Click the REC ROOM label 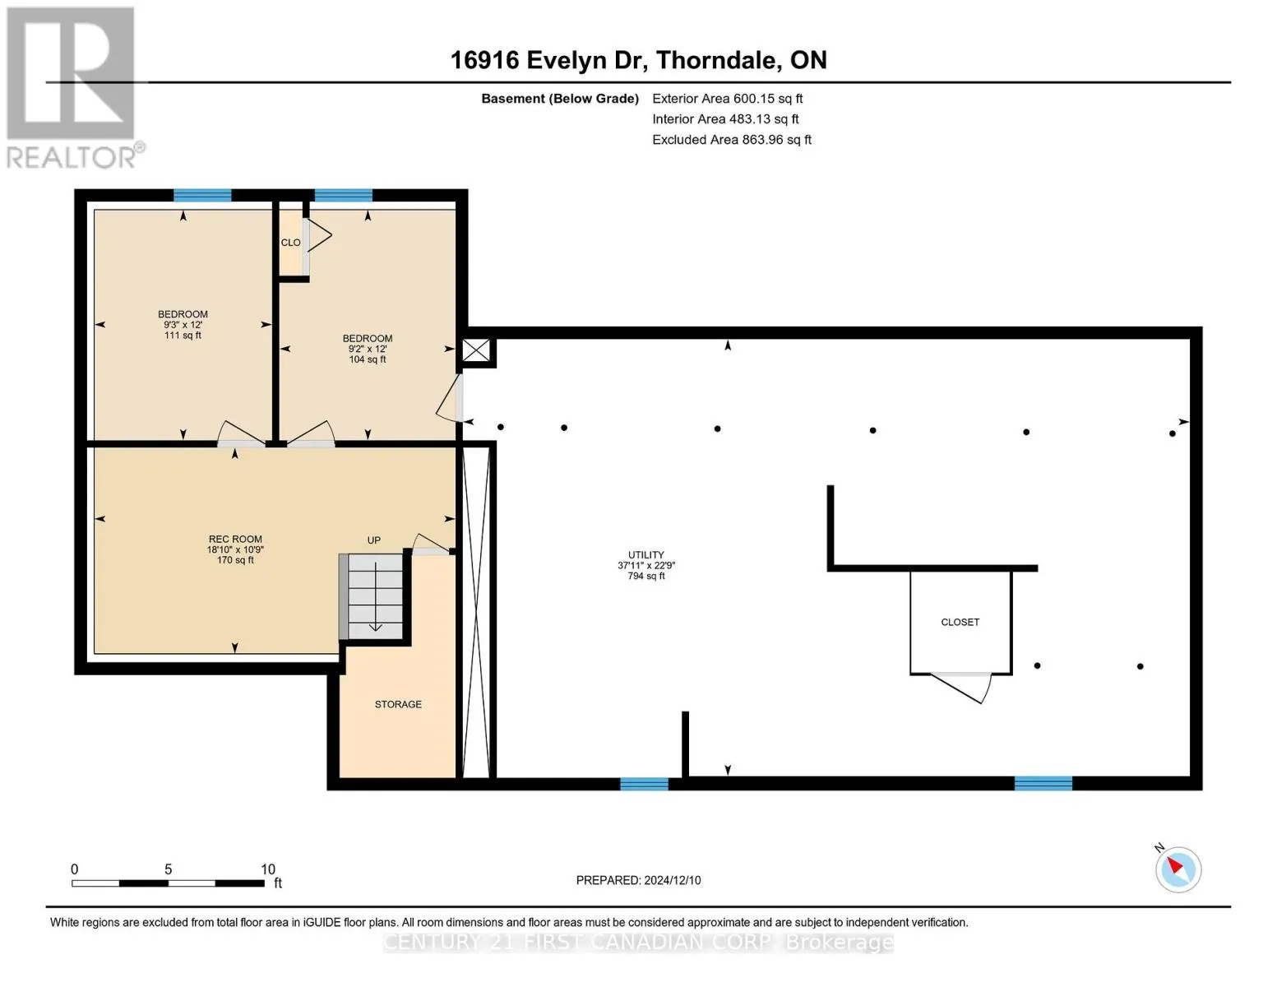(x=235, y=549)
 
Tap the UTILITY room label (x=645, y=565)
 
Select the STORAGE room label (x=398, y=704)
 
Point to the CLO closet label (x=290, y=242)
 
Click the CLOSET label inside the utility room (x=960, y=622)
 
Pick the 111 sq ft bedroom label (x=183, y=325)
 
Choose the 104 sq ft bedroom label (x=368, y=349)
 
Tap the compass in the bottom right (x=1178, y=869)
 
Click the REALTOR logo (x=73, y=88)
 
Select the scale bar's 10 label (x=268, y=869)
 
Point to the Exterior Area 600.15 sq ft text (x=727, y=99)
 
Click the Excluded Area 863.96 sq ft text (x=732, y=140)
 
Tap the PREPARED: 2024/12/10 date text (x=638, y=880)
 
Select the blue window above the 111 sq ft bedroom (x=202, y=195)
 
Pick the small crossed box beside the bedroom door (x=475, y=350)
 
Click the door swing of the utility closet (x=960, y=688)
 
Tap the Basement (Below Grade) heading (x=559, y=99)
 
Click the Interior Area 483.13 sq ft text (x=725, y=119)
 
